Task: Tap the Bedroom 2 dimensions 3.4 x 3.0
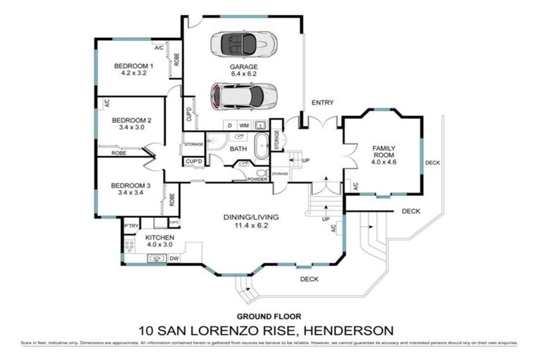(x=128, y=128)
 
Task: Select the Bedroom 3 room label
(x=128, y=185)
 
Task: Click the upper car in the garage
(x=243, y=44)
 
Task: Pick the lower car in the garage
(x=243, y=94)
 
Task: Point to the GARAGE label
(x=243, y=67)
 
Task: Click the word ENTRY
(x=322, y=103)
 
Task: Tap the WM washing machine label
(x=244, y=124)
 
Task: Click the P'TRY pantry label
(x=130, y=225)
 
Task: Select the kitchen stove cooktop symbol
(x=129, y=244)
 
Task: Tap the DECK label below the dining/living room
(x=309, y=279)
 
